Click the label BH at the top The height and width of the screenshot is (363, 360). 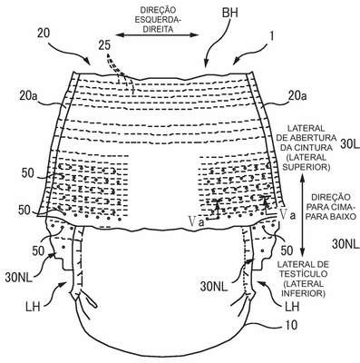[x=229, y=13]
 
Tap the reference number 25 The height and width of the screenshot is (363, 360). [x=104, y=45]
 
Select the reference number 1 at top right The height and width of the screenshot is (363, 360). [x=272, y=36]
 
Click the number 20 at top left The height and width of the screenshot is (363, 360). [x=44, y=34]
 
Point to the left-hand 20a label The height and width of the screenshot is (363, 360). [x=29, y=97]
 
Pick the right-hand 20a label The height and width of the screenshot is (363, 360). [x=297, y=96]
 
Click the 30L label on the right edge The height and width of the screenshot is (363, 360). [x=350, y=144]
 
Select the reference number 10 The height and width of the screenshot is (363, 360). [x=291, y=325]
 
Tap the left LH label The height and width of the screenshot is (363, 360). [x=34, y=307]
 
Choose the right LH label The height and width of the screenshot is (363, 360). [x=292, y=307]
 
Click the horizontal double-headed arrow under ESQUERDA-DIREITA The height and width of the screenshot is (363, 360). [x=157, y=35]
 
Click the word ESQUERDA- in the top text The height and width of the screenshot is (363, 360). [x=155, y=20]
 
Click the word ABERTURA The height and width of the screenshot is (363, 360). [x=317, y=138]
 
